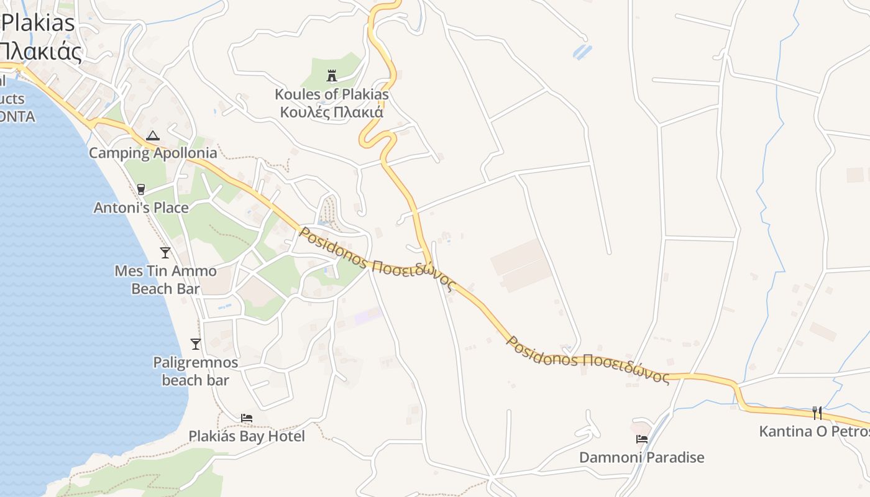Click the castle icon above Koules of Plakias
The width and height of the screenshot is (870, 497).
(x=332, y=76)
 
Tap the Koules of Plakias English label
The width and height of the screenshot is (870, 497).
(x=332, y=94)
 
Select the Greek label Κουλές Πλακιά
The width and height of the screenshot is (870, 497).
(x=332, y=112)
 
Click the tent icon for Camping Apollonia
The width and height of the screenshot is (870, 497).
(x=152, y=135)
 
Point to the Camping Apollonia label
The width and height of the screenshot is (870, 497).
(x=153, y=153)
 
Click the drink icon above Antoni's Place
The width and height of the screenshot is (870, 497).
(x=141, y=189)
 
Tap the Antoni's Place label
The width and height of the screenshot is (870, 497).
(x=141, y=207)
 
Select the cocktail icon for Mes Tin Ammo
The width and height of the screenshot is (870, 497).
(x=165, y=252)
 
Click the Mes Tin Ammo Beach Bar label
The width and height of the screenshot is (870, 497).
(x=165, y=280)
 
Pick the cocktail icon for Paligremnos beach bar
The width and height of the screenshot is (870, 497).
(x=196, y=344)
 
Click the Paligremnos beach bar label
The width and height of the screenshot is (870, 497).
(x=196, y=371)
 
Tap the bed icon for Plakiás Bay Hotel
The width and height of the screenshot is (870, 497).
(x=247, y=418)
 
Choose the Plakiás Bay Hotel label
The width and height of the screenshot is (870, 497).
(x=247, y=436)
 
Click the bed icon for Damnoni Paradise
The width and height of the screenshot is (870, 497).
(x=642, y=439)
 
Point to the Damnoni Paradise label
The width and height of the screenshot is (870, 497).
(x=642, y=458)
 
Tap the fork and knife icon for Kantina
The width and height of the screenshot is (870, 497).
(x=817, y=413)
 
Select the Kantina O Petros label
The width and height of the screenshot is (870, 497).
(x=814, y=431)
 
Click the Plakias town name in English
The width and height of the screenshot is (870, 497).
(x=39, y=23)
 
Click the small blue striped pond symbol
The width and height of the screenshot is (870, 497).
(x=582, y=52)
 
